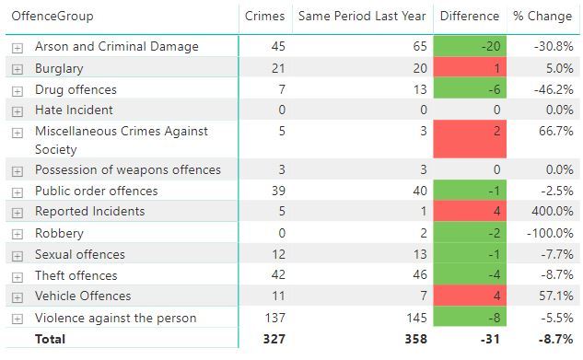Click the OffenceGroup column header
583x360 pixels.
[52, 17]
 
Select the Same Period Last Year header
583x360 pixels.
[361, 17]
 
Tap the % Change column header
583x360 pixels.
[542, 17]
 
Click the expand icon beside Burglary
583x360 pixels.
[17, 69]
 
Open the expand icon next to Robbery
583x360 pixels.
[17, 234]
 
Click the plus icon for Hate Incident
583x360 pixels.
[17, 111]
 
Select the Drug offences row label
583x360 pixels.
[76, 89]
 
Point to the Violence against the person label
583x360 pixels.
[115, 318]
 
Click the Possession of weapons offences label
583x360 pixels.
[127, 169]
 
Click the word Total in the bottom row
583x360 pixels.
[50, 339]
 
